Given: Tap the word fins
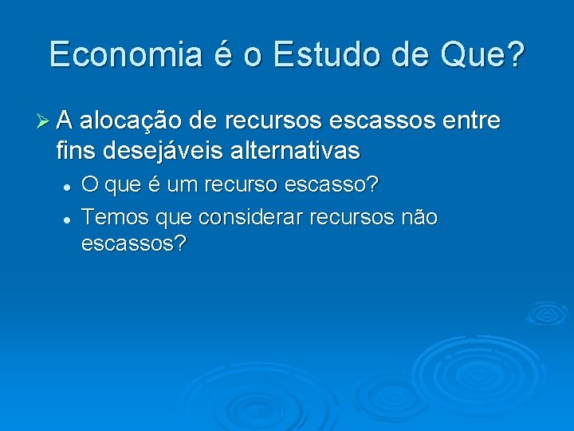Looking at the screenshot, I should pyautogui.click(x=76, y=149).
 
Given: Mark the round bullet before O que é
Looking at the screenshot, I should pyautogui.click(x=69, y=186).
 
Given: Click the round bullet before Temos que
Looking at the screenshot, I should pyautogui.click(x=69, y=217).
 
